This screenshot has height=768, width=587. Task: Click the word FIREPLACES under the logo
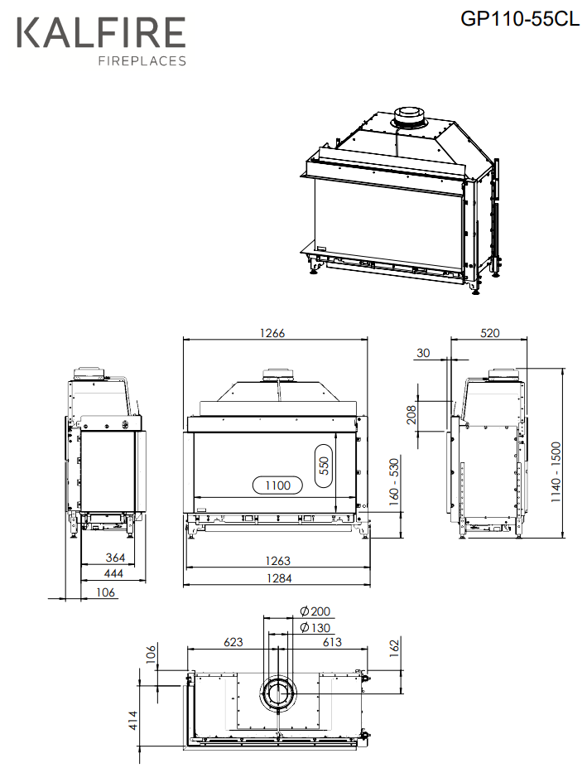pos(142,60)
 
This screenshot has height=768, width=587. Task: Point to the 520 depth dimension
pos(490,333)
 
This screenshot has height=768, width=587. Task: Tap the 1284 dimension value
pos(277,578)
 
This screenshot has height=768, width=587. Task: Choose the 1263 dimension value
pos(277,562)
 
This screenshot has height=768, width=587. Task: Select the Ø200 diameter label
pos(315,612)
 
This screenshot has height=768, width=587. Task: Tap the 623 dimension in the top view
pos(233,641)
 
